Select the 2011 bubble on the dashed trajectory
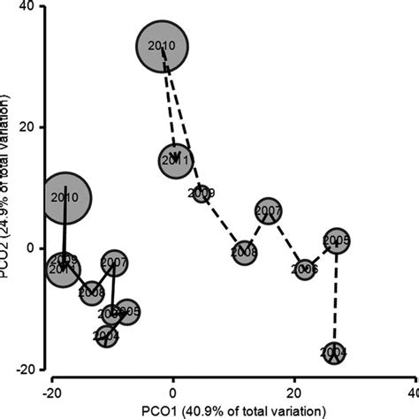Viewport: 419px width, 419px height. [176, 161]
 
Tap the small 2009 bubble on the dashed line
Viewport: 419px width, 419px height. [202, 193]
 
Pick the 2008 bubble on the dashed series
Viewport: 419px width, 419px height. [244, 252]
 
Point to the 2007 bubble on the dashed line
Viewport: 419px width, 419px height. [269, 212]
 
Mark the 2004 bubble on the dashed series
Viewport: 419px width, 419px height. [334, 353]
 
